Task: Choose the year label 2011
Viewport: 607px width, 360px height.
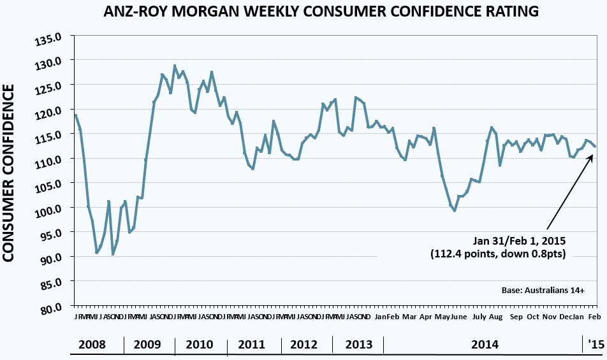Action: pos(251,345)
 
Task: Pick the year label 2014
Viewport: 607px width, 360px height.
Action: pos(485,345)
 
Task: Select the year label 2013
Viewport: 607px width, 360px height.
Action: pos(358,345)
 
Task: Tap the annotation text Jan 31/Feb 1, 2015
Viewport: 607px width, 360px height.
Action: pos(519,241)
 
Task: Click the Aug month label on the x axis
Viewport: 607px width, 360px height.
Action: pos(496,317)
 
